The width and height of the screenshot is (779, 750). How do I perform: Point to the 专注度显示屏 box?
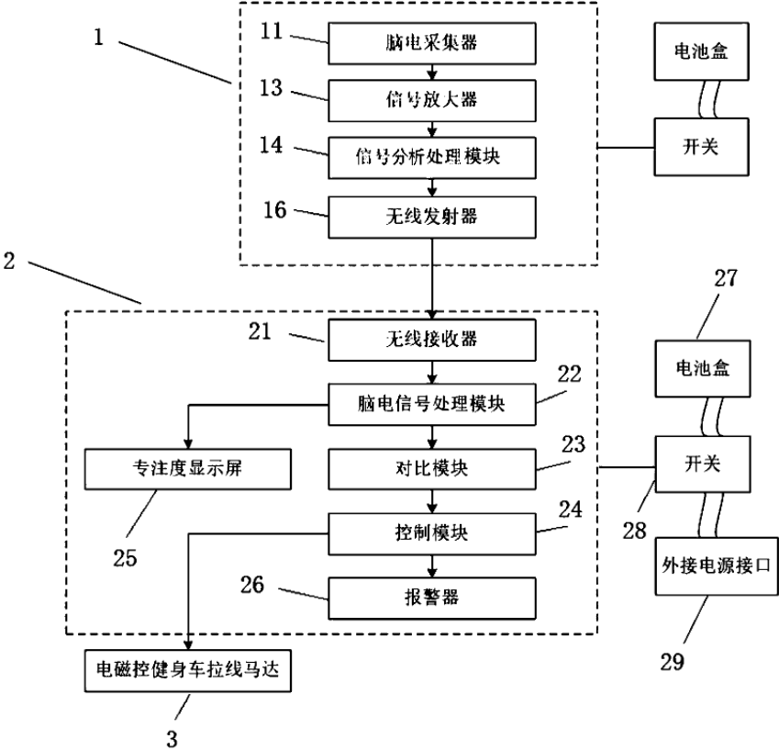pyautogui.click(x=188, y=468)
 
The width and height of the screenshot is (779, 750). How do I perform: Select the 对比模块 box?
pyautogui.click(x=430, y=468)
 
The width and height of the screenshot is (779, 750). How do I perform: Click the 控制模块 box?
pyautogui.click(x=430, y=532)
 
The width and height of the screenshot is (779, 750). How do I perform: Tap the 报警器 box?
pyautogui.click(x=430, y=598)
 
